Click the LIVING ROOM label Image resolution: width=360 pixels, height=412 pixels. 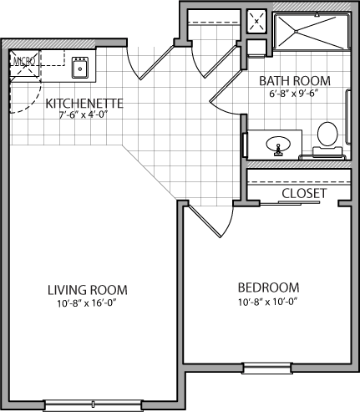tap(88, 290)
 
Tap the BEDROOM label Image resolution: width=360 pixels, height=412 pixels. tap(269, 287)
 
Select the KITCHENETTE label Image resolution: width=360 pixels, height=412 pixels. tap(84, 104)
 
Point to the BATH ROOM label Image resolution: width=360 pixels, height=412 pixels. tap(295, 81)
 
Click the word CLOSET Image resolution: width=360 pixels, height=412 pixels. tap(304, 193)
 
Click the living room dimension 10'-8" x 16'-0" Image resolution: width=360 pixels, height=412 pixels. tap(87, 303)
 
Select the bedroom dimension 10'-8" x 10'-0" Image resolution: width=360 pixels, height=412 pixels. tap(268, 302)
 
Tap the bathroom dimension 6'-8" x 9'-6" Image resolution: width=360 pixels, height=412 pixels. tap(294, 94)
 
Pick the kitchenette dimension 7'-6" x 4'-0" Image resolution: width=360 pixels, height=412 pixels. tap(84, 114)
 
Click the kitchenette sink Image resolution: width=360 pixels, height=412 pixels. tap(80, 68)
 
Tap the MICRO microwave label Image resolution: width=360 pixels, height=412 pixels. tap(24, 61)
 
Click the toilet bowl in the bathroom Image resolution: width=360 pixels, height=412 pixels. tap(327, 134)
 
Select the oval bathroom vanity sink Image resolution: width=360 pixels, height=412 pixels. tap(278, 145)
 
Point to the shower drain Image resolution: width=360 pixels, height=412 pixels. tap(296, 31)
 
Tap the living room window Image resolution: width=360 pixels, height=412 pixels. tap(94, 405)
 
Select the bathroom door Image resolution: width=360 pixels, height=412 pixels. tap(225, 86)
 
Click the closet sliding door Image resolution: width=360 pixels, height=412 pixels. tap(290, 203)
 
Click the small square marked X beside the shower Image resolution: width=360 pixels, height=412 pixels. tap(256, 21)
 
